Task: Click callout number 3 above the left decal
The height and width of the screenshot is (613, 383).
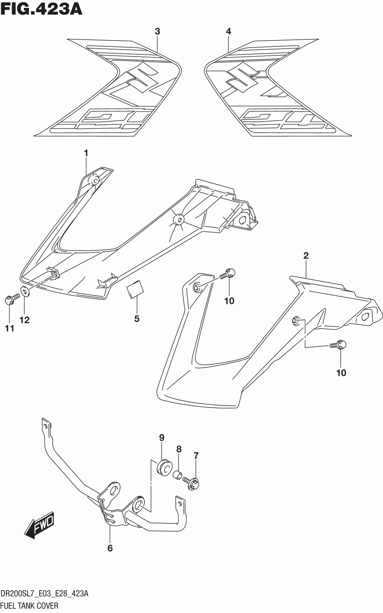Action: click(x=157, y=32)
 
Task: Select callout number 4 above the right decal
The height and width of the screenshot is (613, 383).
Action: click(x=228, y=32)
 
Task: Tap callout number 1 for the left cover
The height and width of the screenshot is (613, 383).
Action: click(x=86, y=153)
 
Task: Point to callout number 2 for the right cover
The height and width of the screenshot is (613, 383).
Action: click(x=306, y=256)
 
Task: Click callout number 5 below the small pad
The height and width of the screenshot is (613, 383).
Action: click(x=137, y=319)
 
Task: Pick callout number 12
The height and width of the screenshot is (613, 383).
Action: click(x=25, y=320)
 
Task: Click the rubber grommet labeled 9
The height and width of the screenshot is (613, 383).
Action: click(x=163, y=466)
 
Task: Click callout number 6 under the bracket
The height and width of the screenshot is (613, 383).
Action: click(x=110, y=548)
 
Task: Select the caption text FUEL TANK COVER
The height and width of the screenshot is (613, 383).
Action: click(x=30, y=606)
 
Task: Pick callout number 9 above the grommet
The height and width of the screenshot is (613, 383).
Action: click(x=162, y=438)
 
